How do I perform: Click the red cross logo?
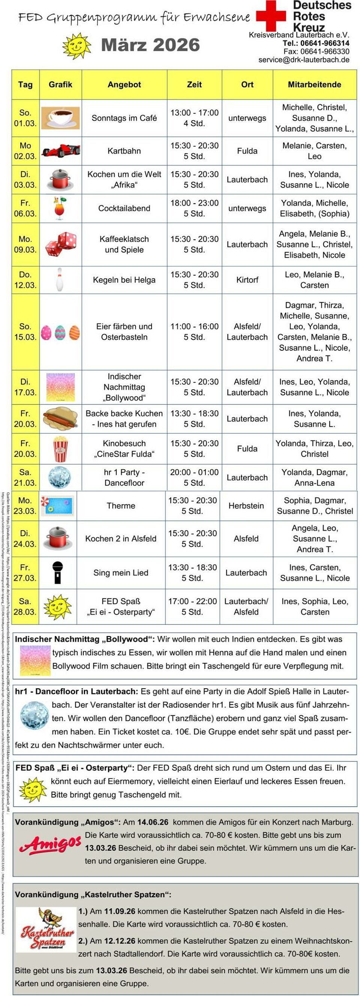[271, 15]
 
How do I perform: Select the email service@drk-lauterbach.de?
[304, 60]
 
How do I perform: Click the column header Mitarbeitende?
[314, 85]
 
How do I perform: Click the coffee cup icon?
[60, 118]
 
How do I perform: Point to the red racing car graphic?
[61, 150]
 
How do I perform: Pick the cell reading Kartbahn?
[124, 151]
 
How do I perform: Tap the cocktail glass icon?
[60, 208]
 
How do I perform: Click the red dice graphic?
[61, 244]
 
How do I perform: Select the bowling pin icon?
[59, 279]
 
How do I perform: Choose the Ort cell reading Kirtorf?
[247, 280]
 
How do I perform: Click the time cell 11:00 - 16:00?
[195, 327]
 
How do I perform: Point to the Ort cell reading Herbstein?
[246, 506]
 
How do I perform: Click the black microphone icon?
[58, 573]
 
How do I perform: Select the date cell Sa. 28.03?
[25, 607]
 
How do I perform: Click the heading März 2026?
[150, 45]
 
